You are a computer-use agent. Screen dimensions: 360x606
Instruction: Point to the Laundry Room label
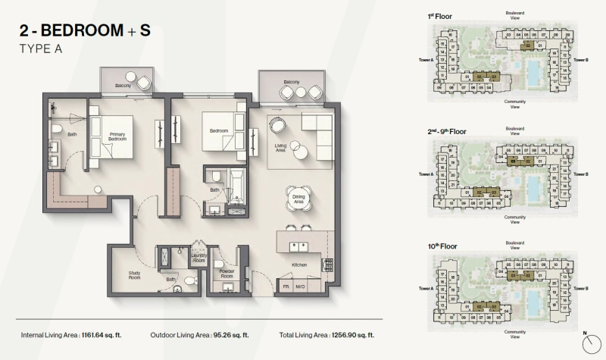pos(199,258)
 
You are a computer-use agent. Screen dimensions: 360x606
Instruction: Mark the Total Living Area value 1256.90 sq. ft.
pos(351,334)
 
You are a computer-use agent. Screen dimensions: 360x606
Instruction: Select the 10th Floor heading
pos(442,246)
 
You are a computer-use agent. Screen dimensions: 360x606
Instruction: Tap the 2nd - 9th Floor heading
pos(447,131)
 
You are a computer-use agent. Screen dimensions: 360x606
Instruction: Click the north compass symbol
pos(588,342)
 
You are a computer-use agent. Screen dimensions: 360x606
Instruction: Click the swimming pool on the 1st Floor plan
pos(534,72)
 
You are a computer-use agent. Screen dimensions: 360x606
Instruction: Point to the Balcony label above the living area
pos(292,82)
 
